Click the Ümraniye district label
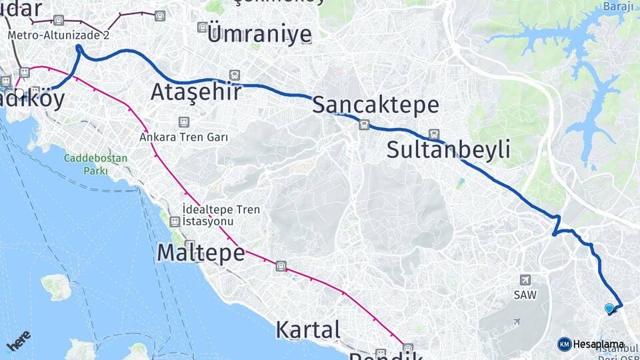pos(259,34)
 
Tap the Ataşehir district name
pos(195,92)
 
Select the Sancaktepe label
pos(375,105)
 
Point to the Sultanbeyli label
pos(449,149)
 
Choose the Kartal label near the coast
pos(308,329)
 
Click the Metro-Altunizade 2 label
pos(58,35)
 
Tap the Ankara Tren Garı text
pos(184,137)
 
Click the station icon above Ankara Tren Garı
pos(183,123)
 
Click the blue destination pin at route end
pos(609,309)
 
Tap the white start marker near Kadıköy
pos(21,95)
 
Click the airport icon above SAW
pos(525,280)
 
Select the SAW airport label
pos(525,294)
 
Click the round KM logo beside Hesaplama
pos(565,344)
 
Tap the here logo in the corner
pos(18,342)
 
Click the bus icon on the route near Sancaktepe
pos(364,124)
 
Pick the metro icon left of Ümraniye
pos(202,27)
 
